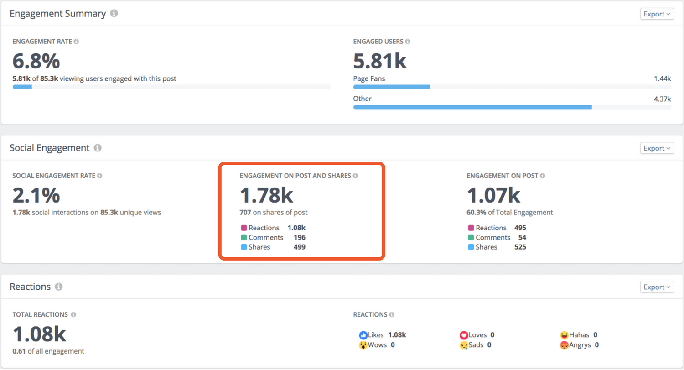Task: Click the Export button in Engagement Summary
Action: tap(657, 14)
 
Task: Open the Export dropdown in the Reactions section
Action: tap(657, 287)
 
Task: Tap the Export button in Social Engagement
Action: tap(657, 148)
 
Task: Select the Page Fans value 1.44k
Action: tap(662, 78)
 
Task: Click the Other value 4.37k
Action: tap(662, 99)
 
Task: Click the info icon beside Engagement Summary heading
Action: tap(114, 13)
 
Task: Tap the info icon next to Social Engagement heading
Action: tap(98, 148)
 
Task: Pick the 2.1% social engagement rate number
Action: tap(36, 195)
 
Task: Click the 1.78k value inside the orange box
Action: tap(266, 195)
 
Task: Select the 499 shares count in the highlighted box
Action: tap(299, 247)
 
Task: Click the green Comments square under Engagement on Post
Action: tap(471, 237)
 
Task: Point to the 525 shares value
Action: tap(520, 247)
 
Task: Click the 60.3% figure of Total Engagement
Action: tap(476, 212)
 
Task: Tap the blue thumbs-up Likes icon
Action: tap(363, 335)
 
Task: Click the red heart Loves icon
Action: tap(464, 335)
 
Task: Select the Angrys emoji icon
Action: tap(565, 345)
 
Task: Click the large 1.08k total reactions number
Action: tap(39, 334)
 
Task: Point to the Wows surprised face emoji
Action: tap(363, 345)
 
